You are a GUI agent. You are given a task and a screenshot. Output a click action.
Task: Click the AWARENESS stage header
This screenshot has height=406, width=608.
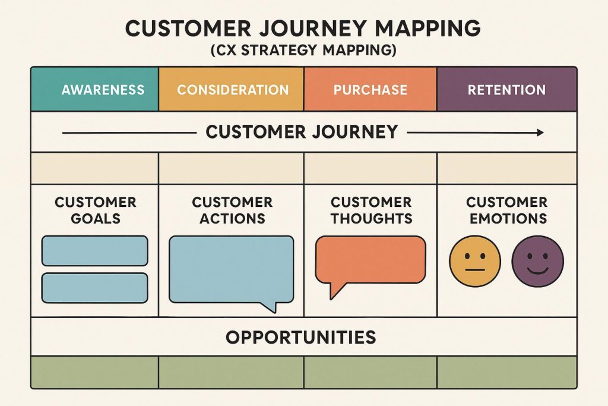tap(94, 89)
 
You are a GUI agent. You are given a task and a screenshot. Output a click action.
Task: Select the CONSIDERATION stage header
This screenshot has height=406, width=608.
tap(231, 89)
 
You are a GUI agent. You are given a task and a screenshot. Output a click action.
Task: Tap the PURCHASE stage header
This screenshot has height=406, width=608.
tap(370, 89)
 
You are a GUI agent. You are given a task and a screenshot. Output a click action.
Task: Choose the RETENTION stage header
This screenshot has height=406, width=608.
tap(507, 89)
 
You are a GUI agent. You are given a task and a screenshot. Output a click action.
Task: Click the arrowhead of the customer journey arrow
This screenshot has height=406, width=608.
tap(540, 133)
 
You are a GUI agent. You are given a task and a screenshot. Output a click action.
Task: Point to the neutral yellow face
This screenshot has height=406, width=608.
tap(475, 261)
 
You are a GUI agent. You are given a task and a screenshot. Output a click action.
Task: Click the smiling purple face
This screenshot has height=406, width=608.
tap(538, 261)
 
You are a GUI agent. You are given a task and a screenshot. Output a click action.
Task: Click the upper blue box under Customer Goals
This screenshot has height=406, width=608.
tap(94, 251)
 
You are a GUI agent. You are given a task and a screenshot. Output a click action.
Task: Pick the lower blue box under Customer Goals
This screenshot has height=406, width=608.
tap(94, 288)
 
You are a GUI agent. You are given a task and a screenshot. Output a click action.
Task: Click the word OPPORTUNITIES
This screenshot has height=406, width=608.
tap(301, 337)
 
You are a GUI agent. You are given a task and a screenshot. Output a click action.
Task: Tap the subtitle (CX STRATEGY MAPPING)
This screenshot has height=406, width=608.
tap(303, 51)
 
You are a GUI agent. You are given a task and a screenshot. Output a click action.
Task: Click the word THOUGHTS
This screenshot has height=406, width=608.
tap(372, 219)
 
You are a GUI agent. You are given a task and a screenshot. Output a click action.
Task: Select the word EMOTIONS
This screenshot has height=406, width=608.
tap(508, 219)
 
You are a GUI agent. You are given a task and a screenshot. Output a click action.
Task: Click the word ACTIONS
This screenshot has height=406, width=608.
tap(232, 219)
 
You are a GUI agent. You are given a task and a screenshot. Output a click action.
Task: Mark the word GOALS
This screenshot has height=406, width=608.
tap(96, 219)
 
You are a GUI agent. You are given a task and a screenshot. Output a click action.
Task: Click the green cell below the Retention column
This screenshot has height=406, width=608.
tap(507, 372)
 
